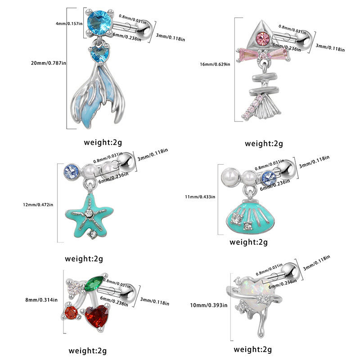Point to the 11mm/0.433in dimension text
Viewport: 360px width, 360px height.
[x=201, y=197]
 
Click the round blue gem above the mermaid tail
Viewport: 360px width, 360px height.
[x=96, y=22]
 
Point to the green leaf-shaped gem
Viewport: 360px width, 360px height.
[x=95, y=283]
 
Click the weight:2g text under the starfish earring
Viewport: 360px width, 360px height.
[x=84, y=259]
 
